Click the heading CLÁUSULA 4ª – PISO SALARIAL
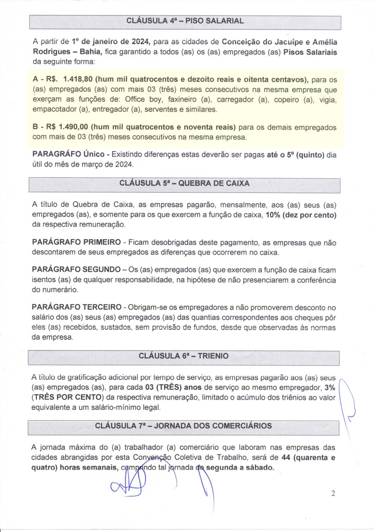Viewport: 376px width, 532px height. tap(184, 21)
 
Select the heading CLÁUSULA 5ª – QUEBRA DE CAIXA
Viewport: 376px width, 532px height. tap(184, 183)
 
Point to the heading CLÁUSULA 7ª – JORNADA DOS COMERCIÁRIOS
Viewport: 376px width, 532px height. tap(183, 426)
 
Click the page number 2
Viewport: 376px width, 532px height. tap(333, 494)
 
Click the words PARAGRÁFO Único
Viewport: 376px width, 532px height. tap(68, 154)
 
